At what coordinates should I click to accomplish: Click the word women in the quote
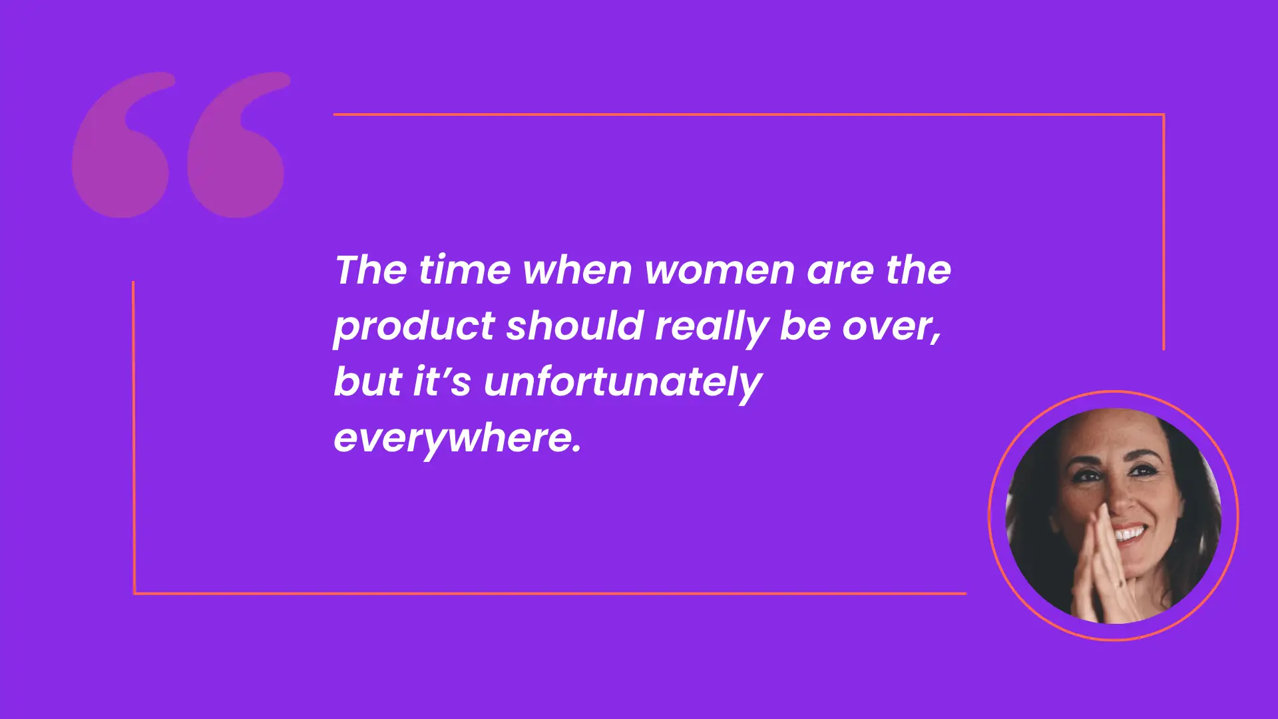click(720, 270)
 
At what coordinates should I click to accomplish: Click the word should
click(575, 326)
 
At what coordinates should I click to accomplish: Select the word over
click(892, 328)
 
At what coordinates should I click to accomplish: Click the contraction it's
click(442, 381)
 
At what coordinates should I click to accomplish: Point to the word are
click(839, 272)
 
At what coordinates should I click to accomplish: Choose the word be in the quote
click(805, 326)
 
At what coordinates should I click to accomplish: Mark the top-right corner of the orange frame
click(1164, 115)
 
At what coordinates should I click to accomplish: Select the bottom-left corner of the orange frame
click(134, 593)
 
